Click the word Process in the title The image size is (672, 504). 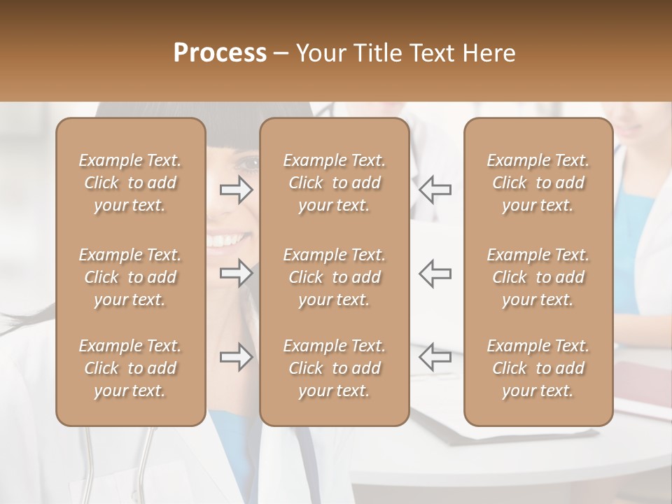[x=220, y=53]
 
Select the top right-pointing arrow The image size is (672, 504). [x=236, y=190]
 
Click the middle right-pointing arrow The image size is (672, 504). [x=236, y=273]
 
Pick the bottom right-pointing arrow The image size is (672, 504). [x=236, y=357]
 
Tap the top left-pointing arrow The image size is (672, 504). [x=435, y=190]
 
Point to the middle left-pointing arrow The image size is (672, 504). [x=435, y=273]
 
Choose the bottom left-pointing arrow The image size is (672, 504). [x=435, y=357]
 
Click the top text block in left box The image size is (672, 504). [x=130, y=183]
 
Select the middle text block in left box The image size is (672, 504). [x=130, y=277]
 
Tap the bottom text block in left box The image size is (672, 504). [x=130, y=368]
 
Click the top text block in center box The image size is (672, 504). [x=334, y=183]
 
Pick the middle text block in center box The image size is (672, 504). [x=334, y=277]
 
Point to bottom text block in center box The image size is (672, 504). [x=334, y=368]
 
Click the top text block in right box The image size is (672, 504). [x=538, y=183]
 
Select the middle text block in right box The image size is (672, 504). [x=538, y=277]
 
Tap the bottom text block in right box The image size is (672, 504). [x=538, y=368]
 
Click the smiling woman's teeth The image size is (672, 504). [x=224, y=241]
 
